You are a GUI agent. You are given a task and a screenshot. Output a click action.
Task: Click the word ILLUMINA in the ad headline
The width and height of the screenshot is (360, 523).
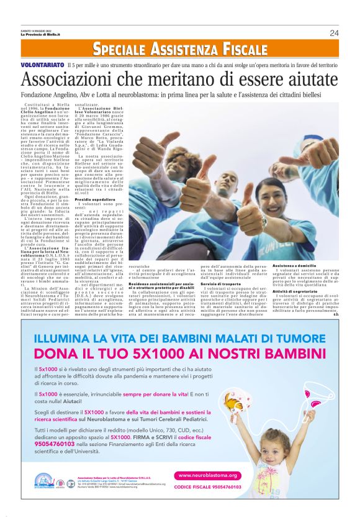tap(65, 339)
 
